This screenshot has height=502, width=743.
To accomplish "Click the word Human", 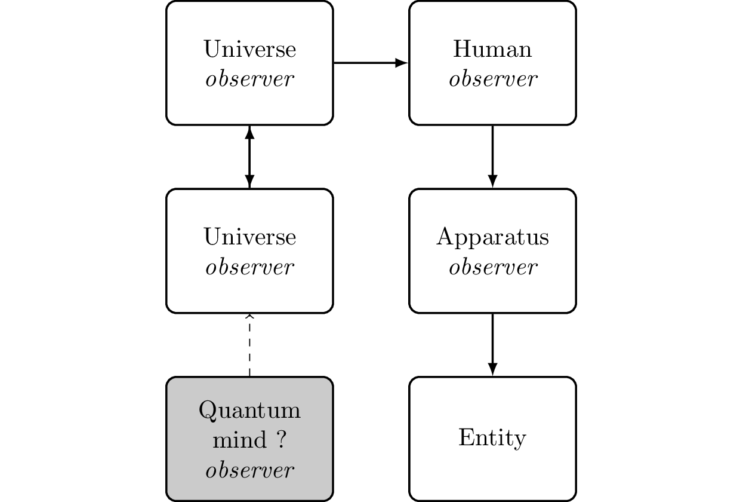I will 492,49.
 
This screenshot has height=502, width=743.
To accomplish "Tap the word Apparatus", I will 492,238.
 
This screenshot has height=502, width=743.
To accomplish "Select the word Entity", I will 492,438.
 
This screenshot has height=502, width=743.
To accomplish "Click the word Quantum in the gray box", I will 249,411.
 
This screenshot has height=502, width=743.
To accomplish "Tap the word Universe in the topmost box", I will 249,49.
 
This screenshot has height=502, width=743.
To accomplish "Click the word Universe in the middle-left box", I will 249,237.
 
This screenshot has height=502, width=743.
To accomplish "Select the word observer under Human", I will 492,79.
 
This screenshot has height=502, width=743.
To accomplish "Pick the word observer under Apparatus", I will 492,268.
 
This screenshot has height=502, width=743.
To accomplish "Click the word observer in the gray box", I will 249,470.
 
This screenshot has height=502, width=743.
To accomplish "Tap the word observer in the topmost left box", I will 249,79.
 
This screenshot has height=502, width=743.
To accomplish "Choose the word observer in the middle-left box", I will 249,268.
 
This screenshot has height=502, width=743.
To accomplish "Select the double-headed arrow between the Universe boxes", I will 249,157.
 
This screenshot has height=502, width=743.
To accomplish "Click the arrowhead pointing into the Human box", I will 402,62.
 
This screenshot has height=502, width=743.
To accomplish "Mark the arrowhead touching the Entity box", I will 492,370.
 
